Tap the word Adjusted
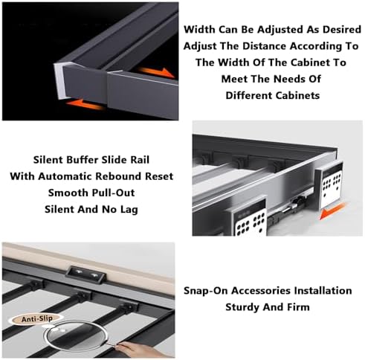pyautogui.click(x=280, y=30)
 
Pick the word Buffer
pyautogui.click(x=83, y=160)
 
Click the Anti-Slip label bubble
pyautogui.click(x=36, y=319)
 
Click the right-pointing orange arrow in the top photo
pyautogui.click(x=156, y=72)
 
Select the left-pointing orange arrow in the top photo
pyautogui.click(x=85, y=104)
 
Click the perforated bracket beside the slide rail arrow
pyautogui.click(x=329, y=184)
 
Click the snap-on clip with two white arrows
pyautogui.click(x=86, y=274)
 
